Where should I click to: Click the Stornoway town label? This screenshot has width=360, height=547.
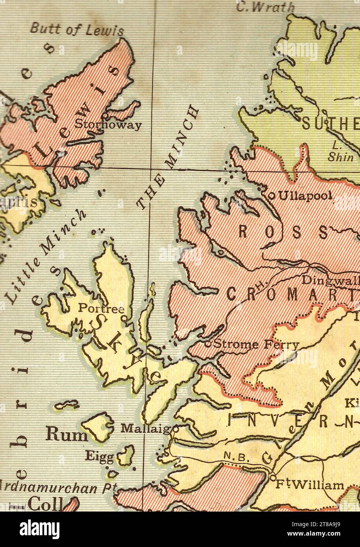107,125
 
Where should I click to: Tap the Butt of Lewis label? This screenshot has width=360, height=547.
77,30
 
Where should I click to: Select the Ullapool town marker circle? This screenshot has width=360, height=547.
271,195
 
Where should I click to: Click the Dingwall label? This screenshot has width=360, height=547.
330,280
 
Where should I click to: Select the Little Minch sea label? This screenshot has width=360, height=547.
45,256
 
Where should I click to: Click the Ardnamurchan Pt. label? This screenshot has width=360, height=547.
57,488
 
